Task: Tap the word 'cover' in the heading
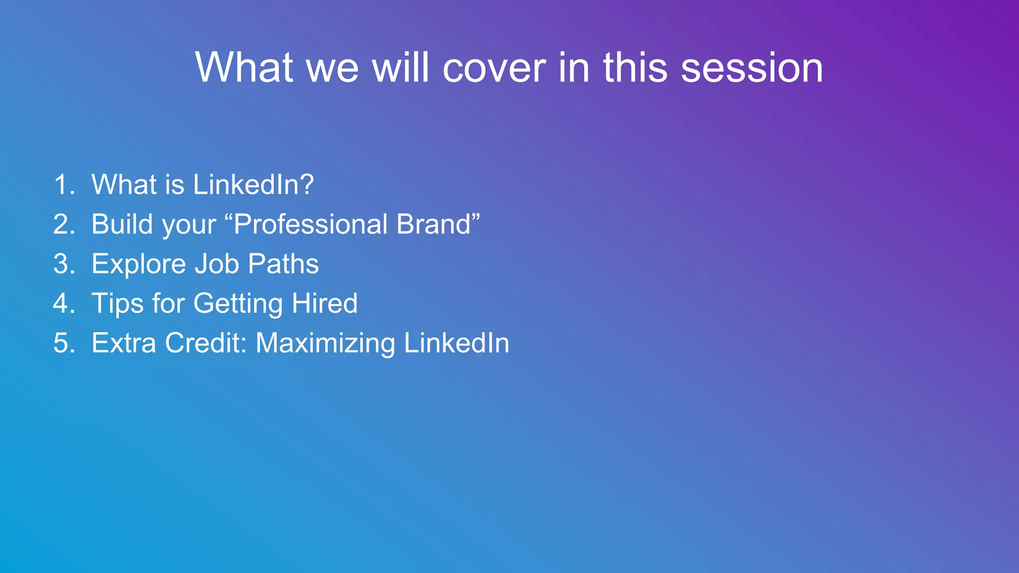point(494,68)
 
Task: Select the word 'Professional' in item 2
point(310,224)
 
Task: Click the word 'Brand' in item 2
point(433,224)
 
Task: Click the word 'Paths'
point(283,264)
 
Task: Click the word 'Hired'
point(324,303)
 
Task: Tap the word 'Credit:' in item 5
point(205,343)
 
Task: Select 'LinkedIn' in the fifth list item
point(457,343)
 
